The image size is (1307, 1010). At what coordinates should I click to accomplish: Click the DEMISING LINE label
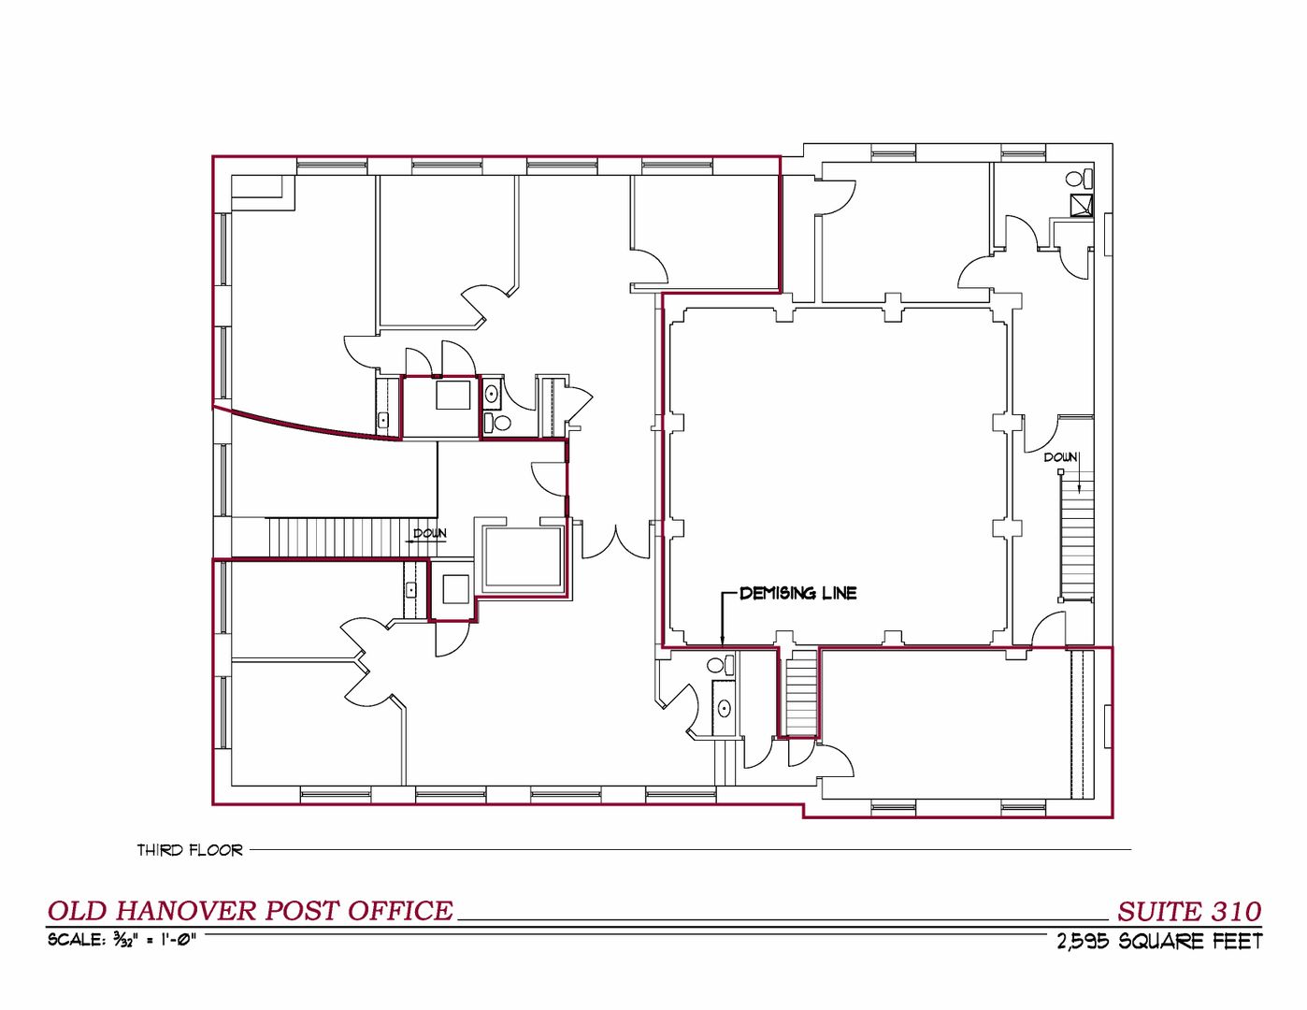pos(797,593)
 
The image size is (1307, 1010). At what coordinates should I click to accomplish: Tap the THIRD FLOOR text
pos(190,850)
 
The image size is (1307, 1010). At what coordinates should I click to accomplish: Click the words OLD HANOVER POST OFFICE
pos(251,911)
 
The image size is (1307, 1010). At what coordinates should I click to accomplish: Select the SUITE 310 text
pos(1189,912)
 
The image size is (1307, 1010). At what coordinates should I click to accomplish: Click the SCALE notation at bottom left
pos(122,940)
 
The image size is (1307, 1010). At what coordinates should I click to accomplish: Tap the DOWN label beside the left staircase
pos(430,533)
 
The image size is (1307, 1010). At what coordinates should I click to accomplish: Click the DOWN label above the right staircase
pos(1060,457)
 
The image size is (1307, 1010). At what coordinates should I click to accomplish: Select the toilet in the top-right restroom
pos(1080,178)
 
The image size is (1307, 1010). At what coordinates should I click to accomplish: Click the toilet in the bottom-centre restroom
pos(721,665)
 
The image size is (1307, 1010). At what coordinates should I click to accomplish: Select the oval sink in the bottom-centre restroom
pos(725,709)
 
